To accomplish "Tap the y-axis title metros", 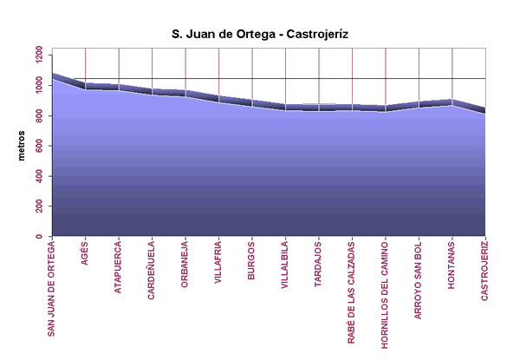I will tap(23, 141).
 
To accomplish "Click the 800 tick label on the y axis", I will tap(41, 115).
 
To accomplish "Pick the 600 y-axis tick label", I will tap(41, 146).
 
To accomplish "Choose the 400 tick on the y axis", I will tap(41, 176).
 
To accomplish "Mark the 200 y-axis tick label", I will tap(41, 206).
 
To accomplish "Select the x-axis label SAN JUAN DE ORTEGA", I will tap(52, 287).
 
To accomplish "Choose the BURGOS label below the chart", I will tap(251, 259).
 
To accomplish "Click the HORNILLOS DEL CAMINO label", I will tap(385, 294).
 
